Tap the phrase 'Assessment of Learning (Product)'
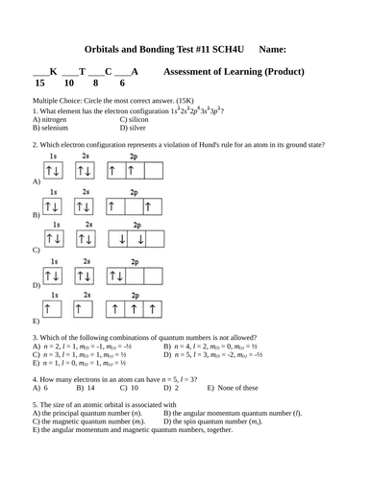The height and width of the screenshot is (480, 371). point(235,72)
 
